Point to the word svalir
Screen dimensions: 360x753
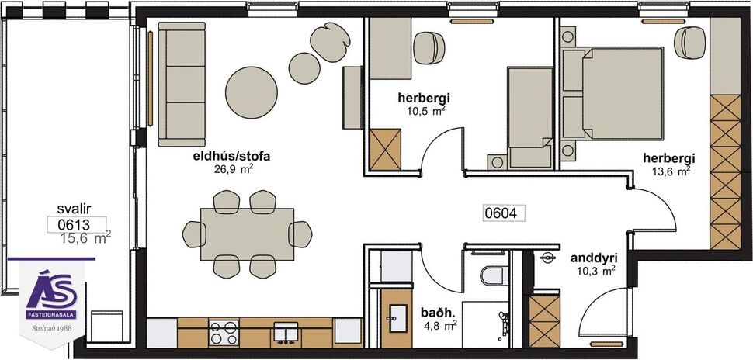(x=75, y=209)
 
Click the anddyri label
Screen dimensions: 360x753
(x=593, y=258)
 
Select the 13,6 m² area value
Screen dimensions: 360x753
(x=669, y=171)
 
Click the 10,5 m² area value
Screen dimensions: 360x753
(x=425, y=111)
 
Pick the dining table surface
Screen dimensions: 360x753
(x=247, y=234)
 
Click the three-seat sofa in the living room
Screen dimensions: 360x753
(x=181, y=84)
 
